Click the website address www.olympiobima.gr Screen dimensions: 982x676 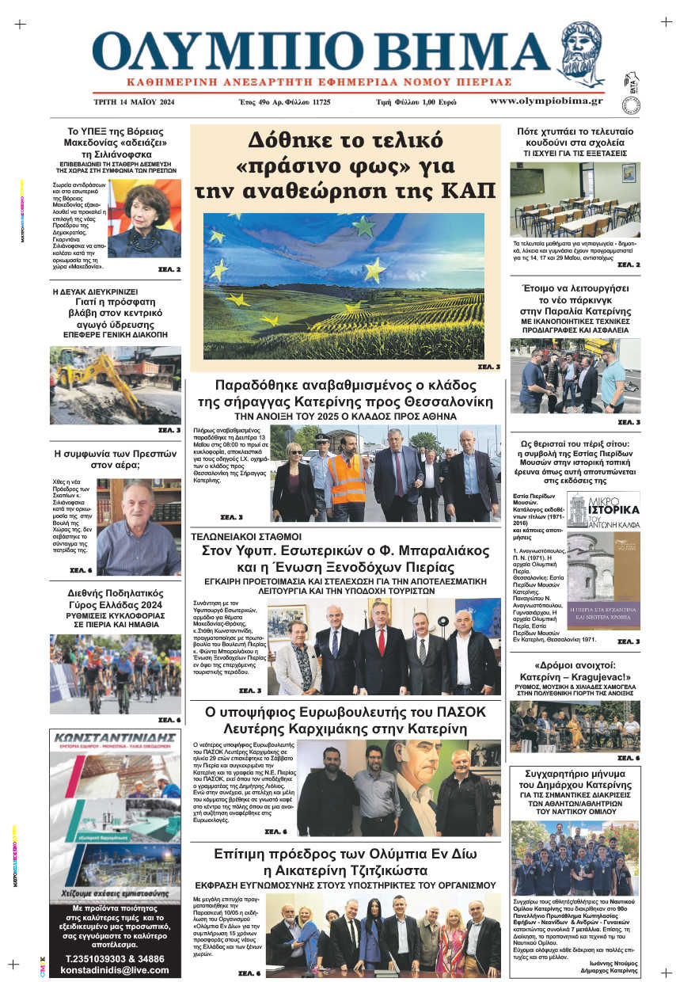click(545, 101)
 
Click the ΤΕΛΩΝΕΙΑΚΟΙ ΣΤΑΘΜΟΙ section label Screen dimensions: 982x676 click(235, 537)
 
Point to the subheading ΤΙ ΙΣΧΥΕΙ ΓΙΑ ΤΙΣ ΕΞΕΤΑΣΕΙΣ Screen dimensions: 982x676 click(574, 152)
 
